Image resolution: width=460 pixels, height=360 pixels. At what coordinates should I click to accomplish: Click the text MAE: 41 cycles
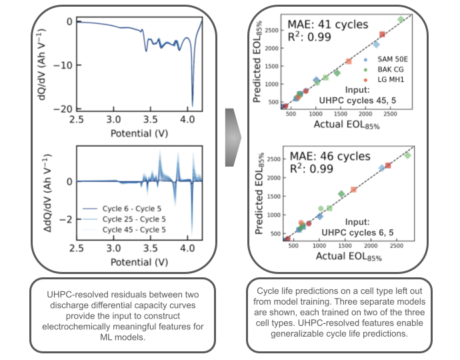pyautogui.click(x=327, y=25)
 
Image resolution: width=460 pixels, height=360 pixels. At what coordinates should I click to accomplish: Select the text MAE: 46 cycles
pyautogui.click(x=327, y=157)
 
